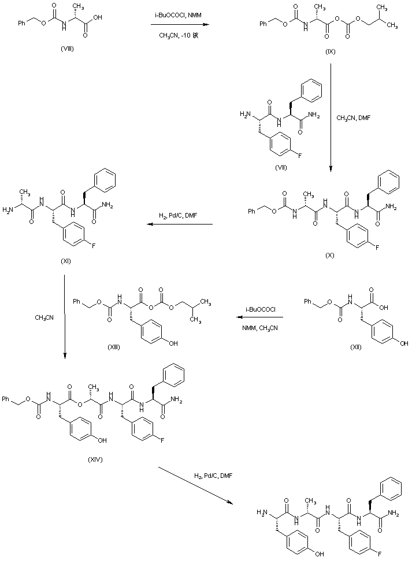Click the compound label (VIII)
[x=66, y=47]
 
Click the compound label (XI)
[x=65, y=261]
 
